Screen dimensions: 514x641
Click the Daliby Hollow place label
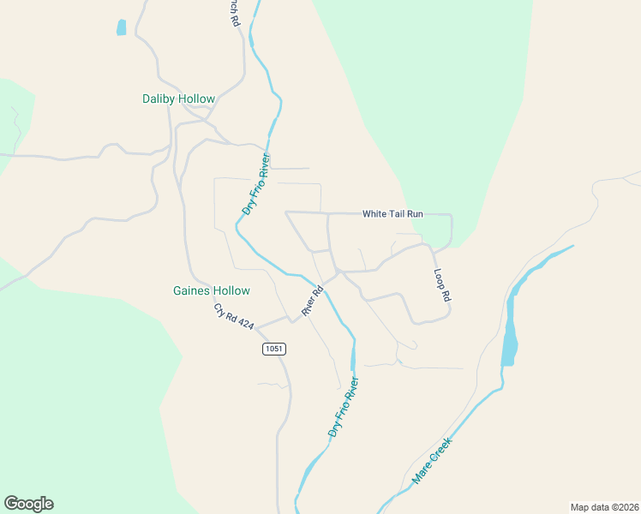pyautogui.click(x=178, y=99)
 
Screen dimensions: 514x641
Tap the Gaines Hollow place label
pyautogui.click(x=211, y=291)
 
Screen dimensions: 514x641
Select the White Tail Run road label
pyautogui.click(x=392, y=214)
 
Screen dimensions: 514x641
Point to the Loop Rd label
pyautogui.click(x=442, y=286)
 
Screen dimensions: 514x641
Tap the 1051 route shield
pyautogui.click(x=273, y=349)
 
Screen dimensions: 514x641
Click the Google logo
pyautogui.click(x=28, y=504)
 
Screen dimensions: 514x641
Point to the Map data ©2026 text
pyautogui.click(x=604, y=507)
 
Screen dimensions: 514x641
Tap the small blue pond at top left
pyautogui.click(x=121, y=27)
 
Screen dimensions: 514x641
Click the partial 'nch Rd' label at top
pyautogui.click(x=233, y=12)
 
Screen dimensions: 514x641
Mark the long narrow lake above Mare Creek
pyautogui.click(x=509, y=330)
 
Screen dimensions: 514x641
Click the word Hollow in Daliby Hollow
pyautogui.click(x=196, y=99)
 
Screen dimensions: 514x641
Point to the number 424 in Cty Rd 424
pyautogui.click(x=245, y=325)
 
